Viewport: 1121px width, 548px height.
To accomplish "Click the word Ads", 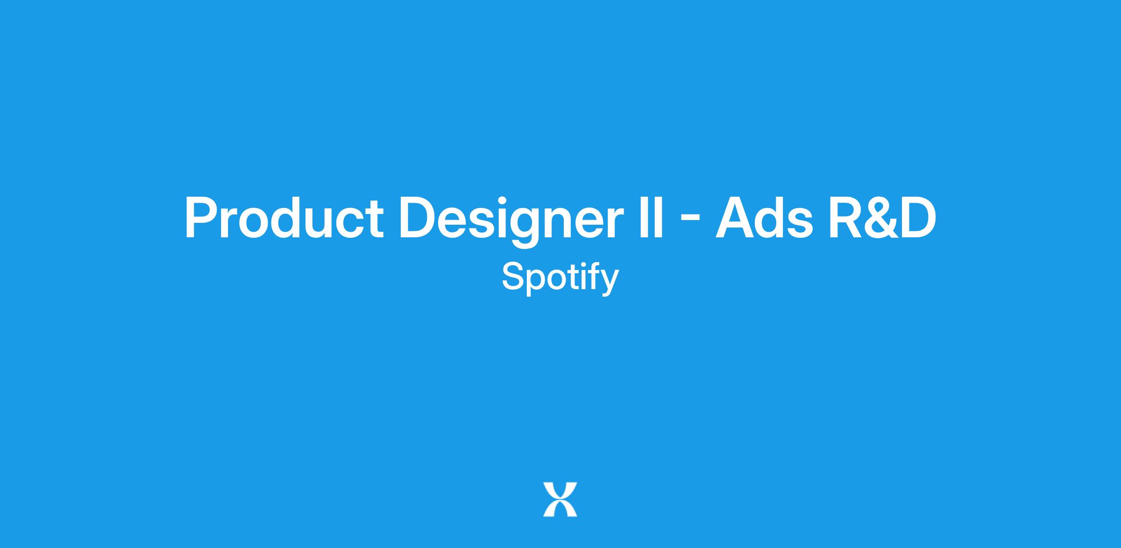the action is [x=765, y=218].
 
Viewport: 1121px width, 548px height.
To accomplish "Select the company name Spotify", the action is [x=560, y=278].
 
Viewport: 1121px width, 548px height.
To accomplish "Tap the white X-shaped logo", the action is [x=560, y=499].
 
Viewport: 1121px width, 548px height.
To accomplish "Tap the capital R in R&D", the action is [x=846, y=218].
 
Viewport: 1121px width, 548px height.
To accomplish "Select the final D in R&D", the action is [x=918, y=218].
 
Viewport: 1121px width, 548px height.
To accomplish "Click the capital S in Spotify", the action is [x=513, y=276].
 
